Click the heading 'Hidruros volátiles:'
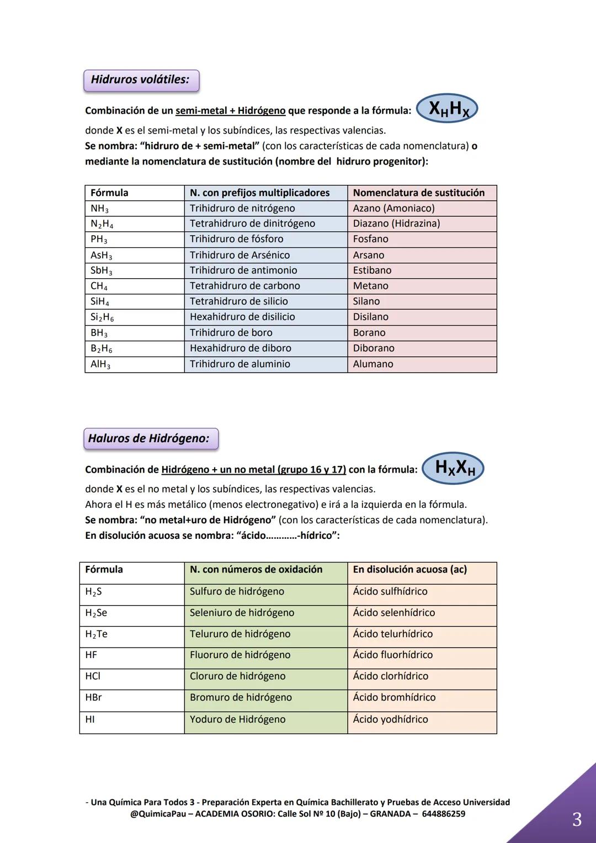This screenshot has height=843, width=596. point(141,80)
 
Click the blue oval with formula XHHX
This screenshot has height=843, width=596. point(448,109)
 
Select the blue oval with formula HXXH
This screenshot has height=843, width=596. point(453,468)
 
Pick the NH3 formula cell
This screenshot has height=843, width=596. point(134,208)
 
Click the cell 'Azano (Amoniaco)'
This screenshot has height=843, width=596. point(422,208)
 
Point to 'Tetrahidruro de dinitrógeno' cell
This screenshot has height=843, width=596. point(265,224)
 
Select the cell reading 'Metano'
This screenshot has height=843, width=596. point(422,286)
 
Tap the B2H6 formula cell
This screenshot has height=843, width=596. point(134,348)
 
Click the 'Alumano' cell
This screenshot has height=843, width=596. point(422,364)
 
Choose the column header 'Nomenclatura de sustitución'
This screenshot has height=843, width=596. point(422,193)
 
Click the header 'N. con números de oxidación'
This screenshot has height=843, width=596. point(265,570)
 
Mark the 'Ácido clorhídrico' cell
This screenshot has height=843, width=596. point(422,676)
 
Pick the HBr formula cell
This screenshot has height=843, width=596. point(131,698)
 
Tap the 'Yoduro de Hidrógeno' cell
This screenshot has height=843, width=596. point(265,719)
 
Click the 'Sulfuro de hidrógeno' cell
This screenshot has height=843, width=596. point(265,592)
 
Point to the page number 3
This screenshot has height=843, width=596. point(577,819)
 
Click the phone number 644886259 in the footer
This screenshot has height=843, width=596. point(443,814)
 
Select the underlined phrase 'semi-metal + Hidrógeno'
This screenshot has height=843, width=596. point(231,111)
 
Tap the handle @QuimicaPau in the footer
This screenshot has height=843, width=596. point(155,814)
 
